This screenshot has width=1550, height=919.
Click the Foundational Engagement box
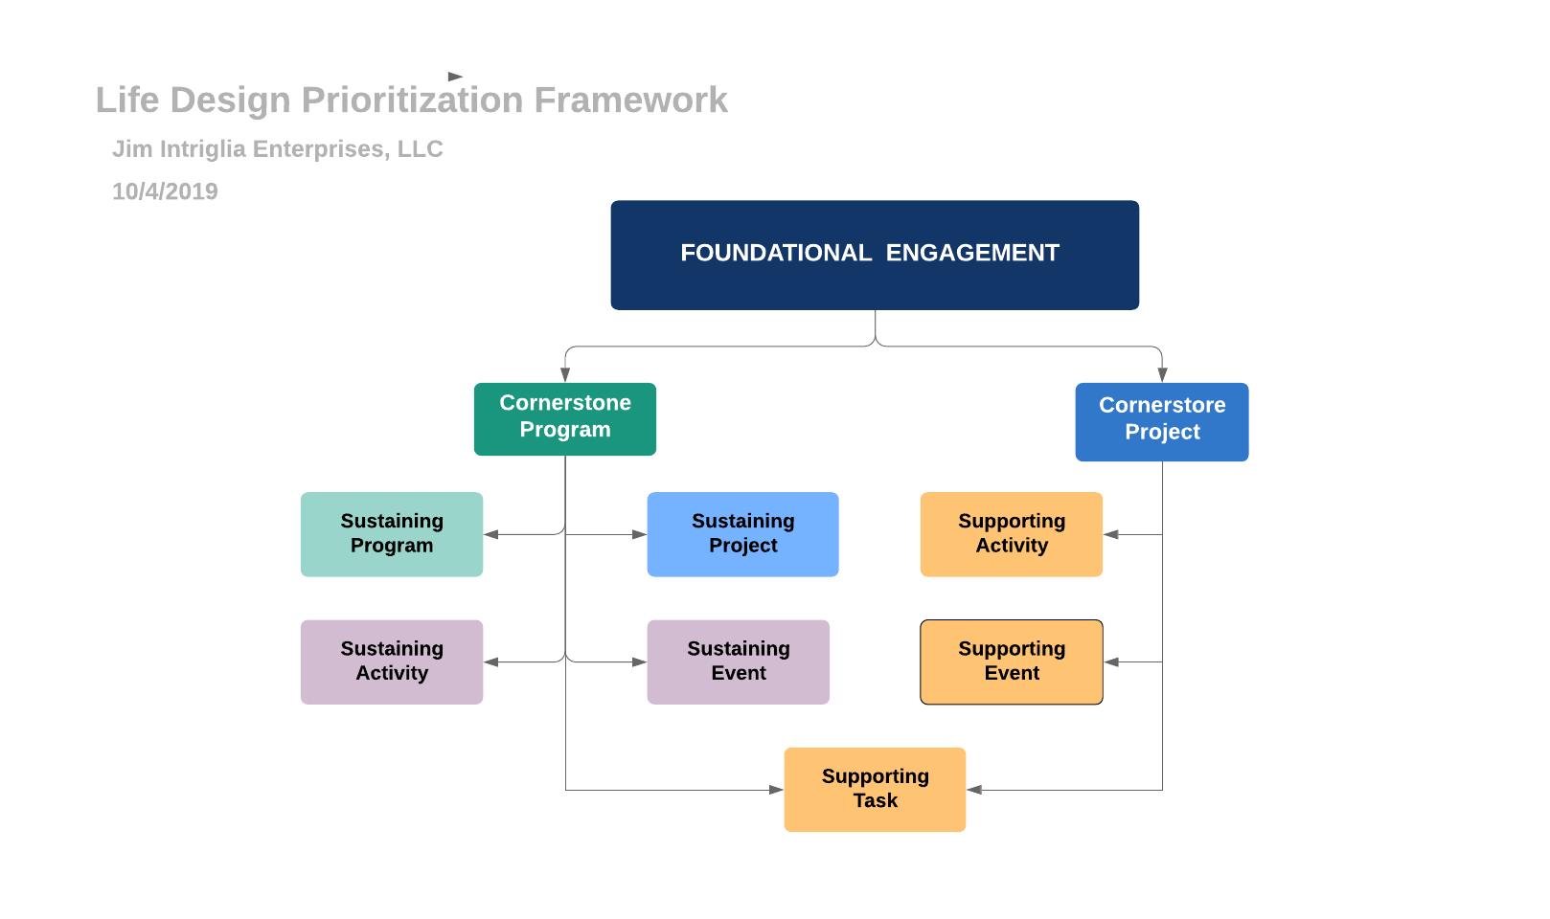coord(874,255)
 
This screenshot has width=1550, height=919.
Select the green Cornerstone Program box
coord(564,418)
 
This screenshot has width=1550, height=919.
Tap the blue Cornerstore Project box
coord(1161,421)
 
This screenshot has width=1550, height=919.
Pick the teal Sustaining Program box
coord(391,534)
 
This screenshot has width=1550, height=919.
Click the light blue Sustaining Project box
coord(742,534)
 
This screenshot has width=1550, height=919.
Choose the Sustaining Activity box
coord(391,661)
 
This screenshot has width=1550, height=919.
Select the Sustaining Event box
coord(738,661)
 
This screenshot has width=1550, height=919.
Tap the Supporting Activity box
coord(1011,534)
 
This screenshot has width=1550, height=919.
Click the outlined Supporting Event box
coord(1011,661)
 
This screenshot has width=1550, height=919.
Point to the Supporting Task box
coord(874,789)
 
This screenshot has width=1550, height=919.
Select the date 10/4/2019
coord(165,191)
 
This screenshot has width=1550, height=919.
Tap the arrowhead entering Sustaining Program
coord(491,534)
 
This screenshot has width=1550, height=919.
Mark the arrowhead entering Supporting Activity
coord(1111,534)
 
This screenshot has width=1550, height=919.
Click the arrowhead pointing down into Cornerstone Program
coord(565,375)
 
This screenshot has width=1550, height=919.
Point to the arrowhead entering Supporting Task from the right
coord(974,790)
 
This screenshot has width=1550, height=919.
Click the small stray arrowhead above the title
coord(455,77)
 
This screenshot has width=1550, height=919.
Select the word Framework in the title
coord(630,101)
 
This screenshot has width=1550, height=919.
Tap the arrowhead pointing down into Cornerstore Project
coord(1162,375)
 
